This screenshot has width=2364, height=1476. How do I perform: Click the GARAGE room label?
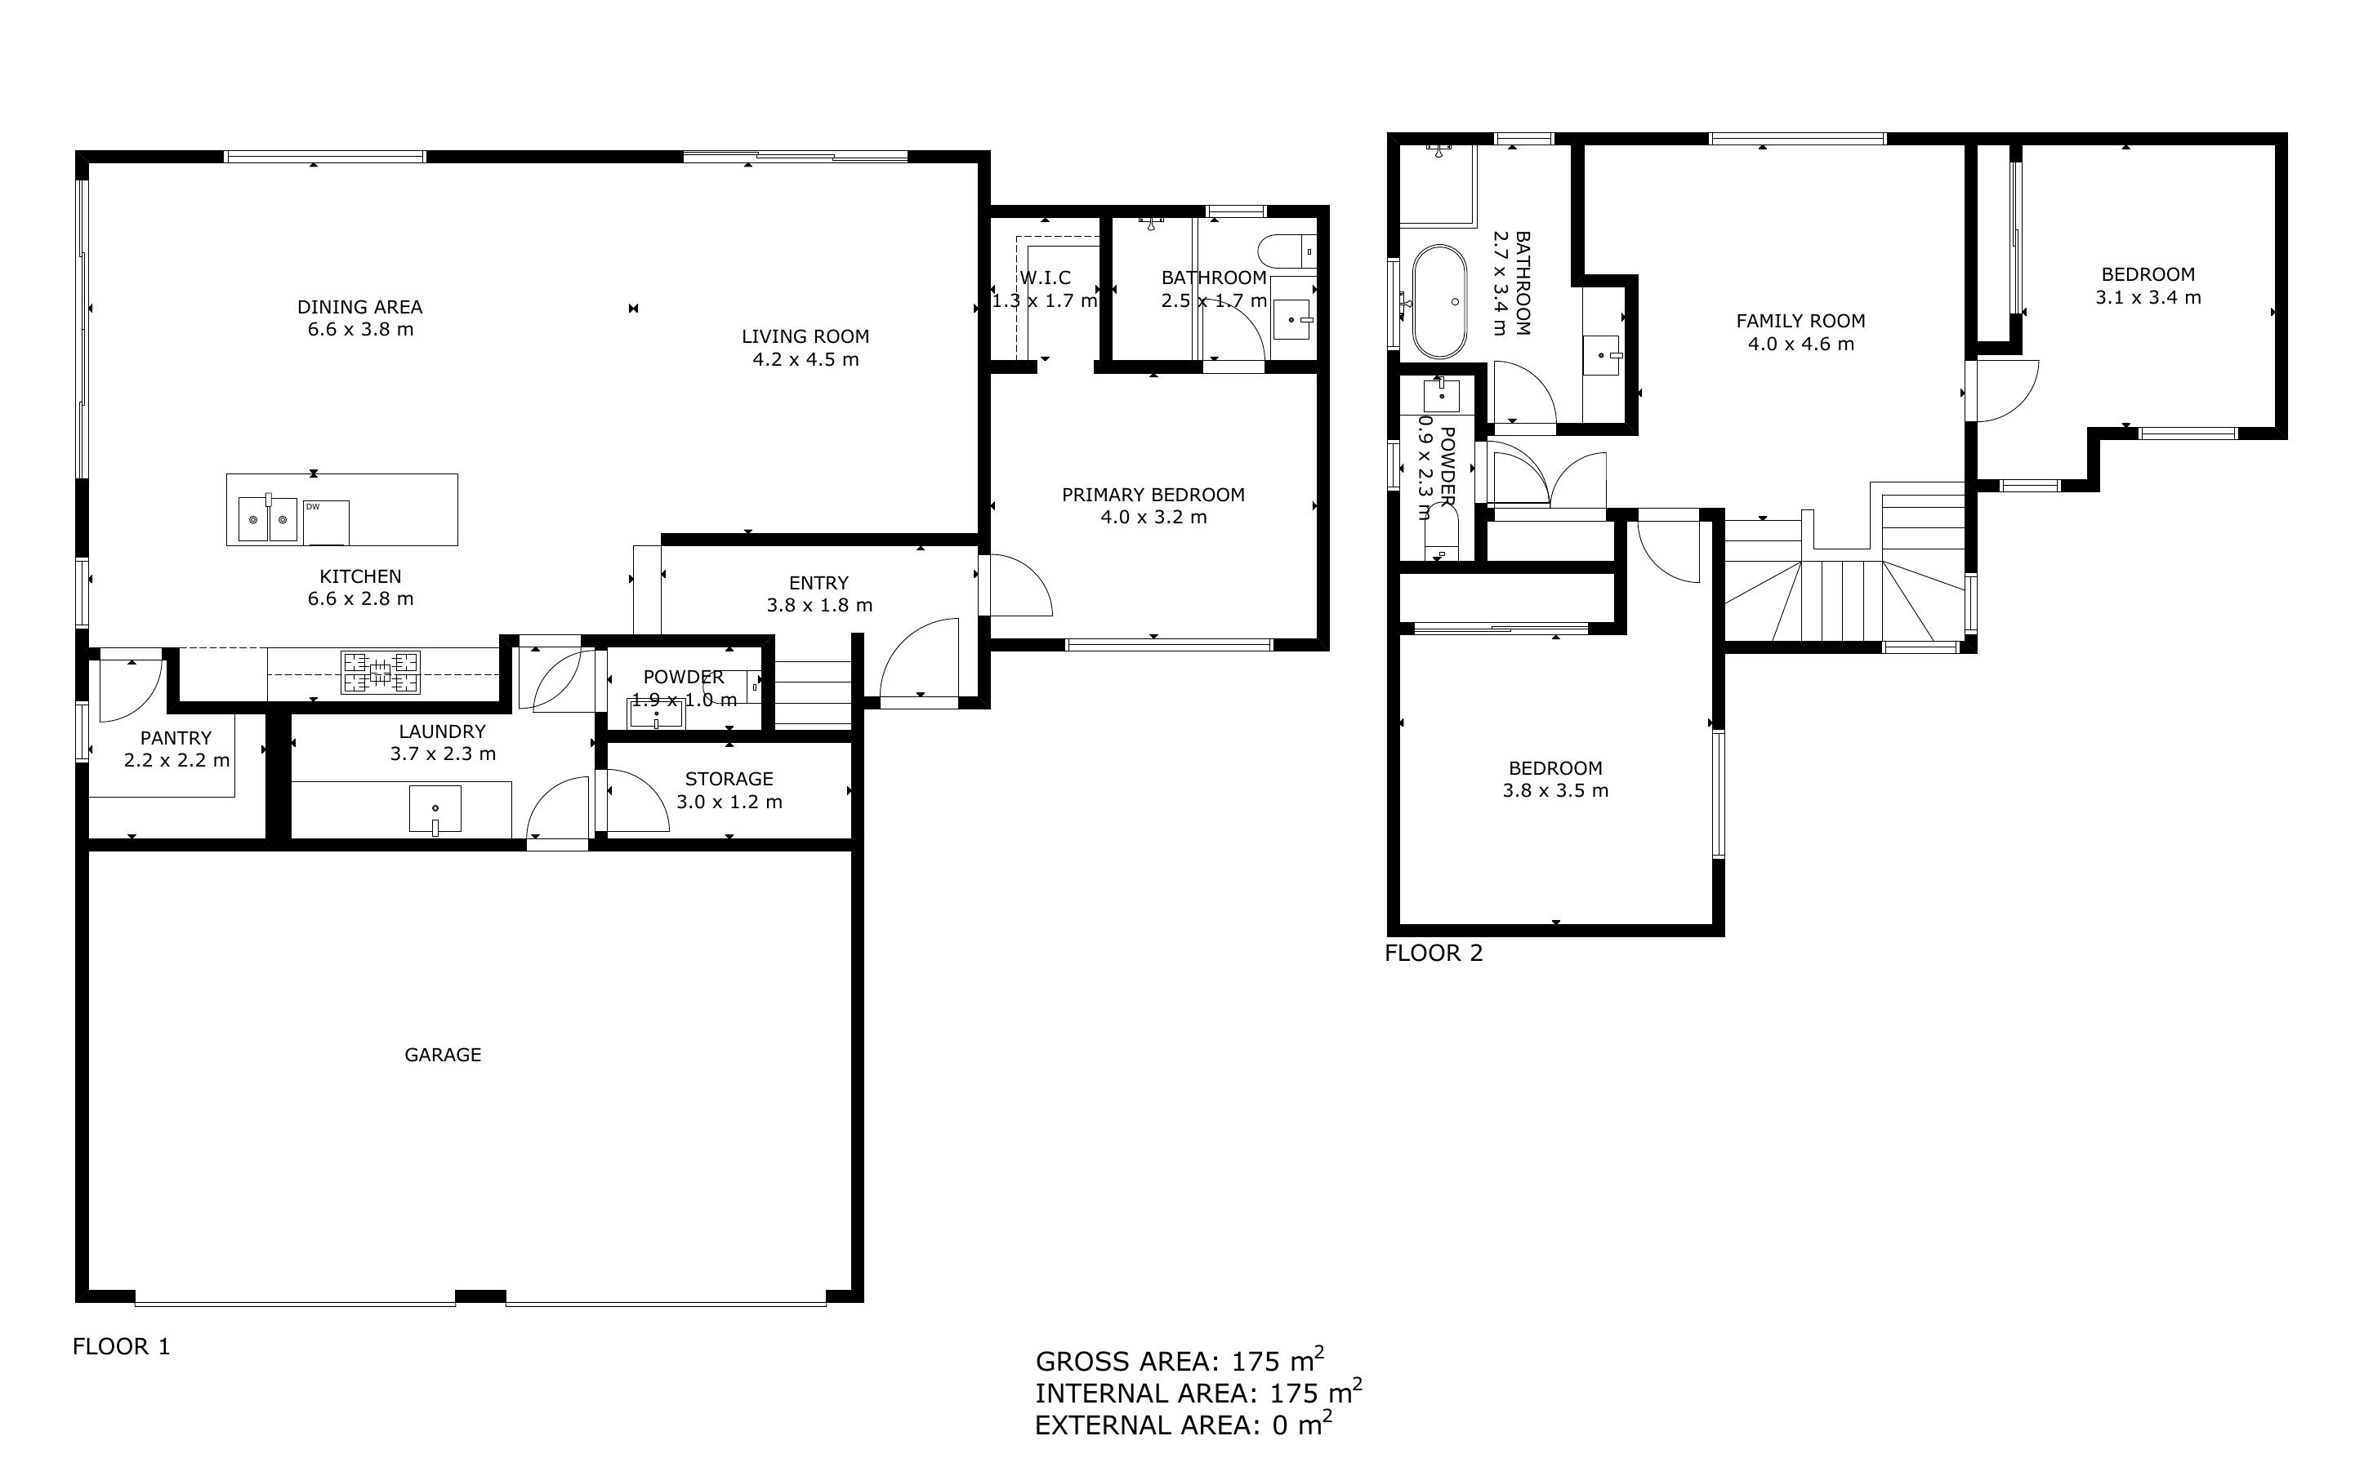tap(443, 1054)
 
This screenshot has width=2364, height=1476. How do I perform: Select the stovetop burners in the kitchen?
tap(381, 672)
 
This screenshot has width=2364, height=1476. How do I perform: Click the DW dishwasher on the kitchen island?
tap(325, 522)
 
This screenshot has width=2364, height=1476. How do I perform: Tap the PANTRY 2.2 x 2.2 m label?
tap(176, 749)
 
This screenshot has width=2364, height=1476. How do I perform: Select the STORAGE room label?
tap(729, 779)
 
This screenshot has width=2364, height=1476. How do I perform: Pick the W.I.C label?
tap(1045, 278)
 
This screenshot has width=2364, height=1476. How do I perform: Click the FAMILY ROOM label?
tap(1800, 321)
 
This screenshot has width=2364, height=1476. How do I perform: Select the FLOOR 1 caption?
tap(121, 1346)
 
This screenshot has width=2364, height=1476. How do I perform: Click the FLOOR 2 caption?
tap(1433, 953)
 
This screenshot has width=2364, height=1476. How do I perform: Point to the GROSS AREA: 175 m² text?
tap(1179, 1360)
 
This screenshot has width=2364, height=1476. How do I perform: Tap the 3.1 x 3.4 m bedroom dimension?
tap(2148, 298)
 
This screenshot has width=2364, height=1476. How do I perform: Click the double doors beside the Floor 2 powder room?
tap(1548, 478)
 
